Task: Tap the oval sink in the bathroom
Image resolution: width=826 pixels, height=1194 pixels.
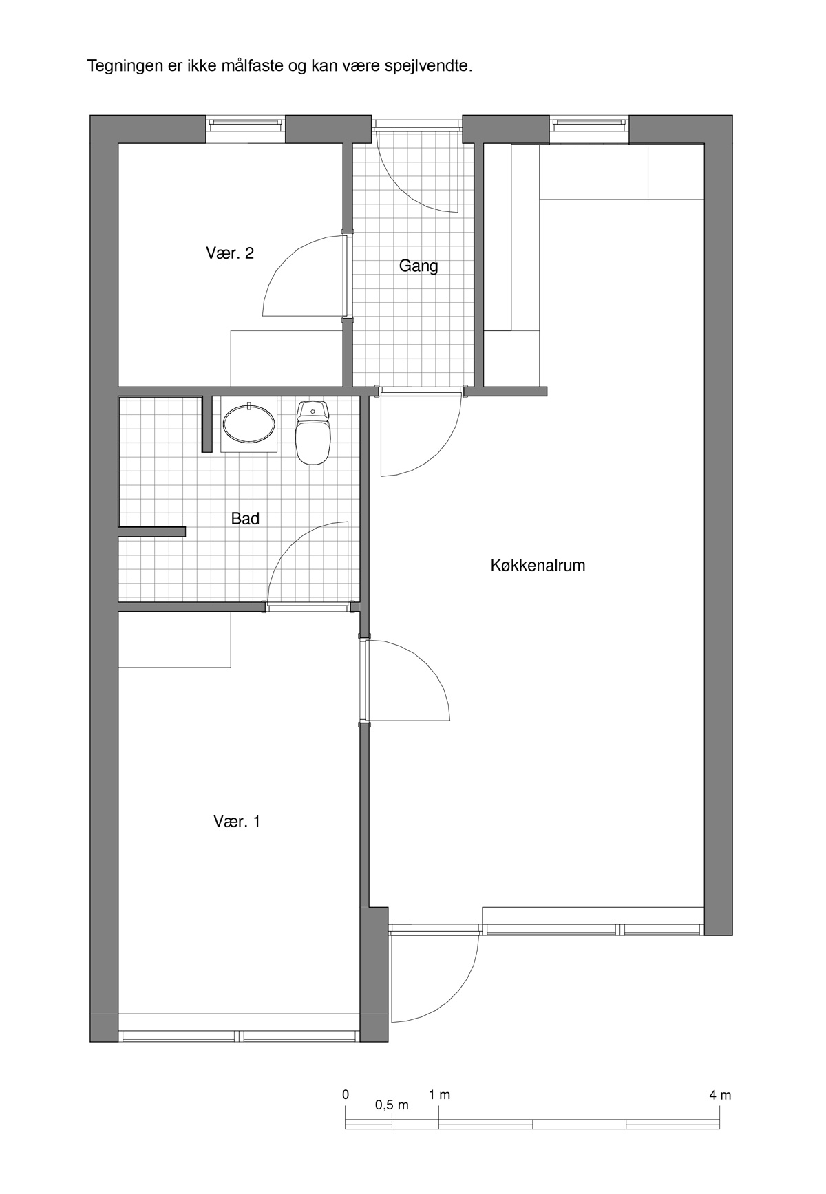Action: point(248,423)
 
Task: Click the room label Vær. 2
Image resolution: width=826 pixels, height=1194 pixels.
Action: point(230,253)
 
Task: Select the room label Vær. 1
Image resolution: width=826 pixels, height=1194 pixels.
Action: point(237,821)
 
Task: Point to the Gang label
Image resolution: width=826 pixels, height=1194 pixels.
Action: point(419,266)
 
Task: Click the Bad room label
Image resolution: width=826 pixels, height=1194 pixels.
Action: point(245,519)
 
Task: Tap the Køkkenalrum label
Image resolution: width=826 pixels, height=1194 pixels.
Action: point(538,566)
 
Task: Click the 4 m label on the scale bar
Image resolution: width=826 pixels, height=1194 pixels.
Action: point(720,1095)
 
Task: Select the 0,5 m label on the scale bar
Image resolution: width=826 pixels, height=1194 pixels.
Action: point(392,1105)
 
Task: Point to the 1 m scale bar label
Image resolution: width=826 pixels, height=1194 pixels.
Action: point(439,1095)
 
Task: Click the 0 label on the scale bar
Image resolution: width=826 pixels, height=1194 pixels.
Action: point(346,1095)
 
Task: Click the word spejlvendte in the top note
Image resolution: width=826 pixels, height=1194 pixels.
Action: point(430,67)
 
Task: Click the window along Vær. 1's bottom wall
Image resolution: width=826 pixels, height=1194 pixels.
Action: point(239,1036)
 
